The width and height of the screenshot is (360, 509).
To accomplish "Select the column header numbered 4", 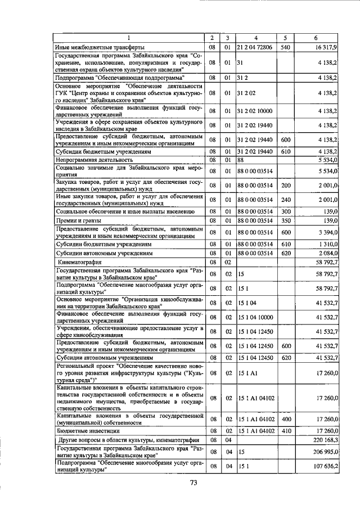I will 255,38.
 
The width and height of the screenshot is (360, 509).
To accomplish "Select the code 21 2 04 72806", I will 255,47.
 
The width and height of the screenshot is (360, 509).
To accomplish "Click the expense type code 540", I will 285,47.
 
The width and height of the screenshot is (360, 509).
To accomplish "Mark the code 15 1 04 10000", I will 255,318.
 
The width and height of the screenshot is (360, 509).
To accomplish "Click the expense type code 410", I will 285,430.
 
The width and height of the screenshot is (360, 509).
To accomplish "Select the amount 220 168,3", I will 325,439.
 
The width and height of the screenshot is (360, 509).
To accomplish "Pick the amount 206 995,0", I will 325,451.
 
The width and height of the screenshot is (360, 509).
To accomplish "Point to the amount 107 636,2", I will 325,466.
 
